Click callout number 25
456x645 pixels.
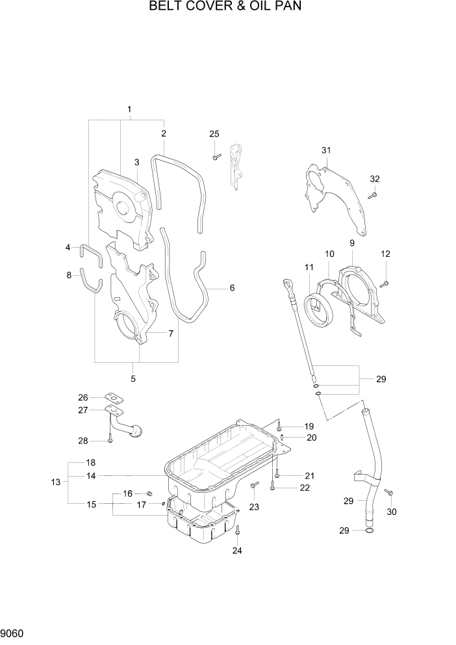coord(214,134)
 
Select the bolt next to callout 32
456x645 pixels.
coord(372,194)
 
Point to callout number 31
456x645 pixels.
coord(326,151)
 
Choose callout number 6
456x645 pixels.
coord(232,288)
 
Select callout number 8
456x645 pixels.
coord(69,275)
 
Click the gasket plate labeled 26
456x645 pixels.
coord(114,399)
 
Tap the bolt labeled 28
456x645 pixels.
coord(110,440)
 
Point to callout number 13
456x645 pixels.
coord(55,482)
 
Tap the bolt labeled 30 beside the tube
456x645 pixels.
coord(389,494)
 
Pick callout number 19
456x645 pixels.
coord(310,427)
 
